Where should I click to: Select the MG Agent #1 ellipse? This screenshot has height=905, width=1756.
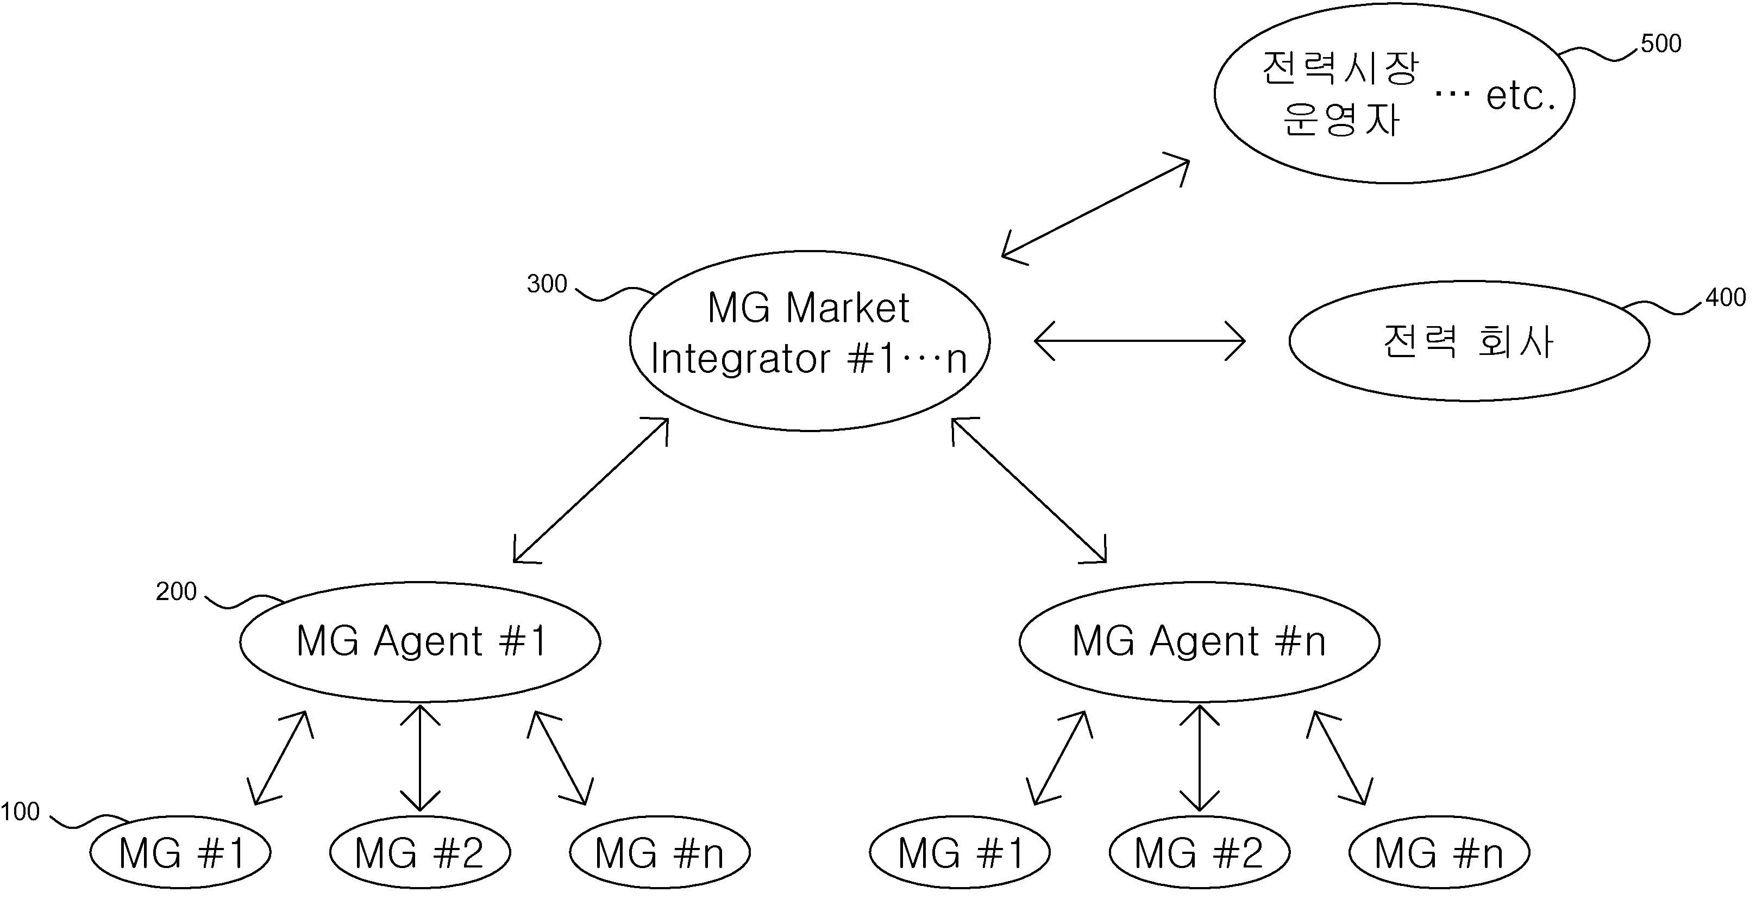[420, 642]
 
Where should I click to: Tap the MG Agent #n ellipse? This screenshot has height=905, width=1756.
[1200, 642]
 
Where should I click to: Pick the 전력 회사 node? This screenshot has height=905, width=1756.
[1469, 341]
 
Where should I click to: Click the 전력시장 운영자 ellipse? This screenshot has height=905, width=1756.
[1395, 93]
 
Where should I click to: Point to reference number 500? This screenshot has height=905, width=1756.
[1660, 43]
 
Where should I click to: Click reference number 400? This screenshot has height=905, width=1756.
[1726, 297]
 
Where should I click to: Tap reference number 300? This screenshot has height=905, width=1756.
[547, 284]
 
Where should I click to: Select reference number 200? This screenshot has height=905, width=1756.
[176, 591]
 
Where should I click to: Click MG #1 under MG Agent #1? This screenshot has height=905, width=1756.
[180, 852]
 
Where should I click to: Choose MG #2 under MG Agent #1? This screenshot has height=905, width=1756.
[420, 852]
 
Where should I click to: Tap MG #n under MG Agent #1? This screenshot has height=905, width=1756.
[660, 852]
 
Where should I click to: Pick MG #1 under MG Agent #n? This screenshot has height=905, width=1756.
[960, 852]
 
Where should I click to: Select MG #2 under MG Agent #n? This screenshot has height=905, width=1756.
[1200, 852]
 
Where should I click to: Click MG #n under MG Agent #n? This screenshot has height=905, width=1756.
[1440, 852]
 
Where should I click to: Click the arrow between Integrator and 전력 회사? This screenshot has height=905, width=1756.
[1140, 340]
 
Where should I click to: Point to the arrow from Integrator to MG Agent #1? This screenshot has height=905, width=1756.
[591, 490]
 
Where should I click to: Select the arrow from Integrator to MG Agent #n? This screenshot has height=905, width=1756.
[1028, 490]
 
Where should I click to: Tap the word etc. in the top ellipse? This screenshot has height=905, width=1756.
[1520, 96]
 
